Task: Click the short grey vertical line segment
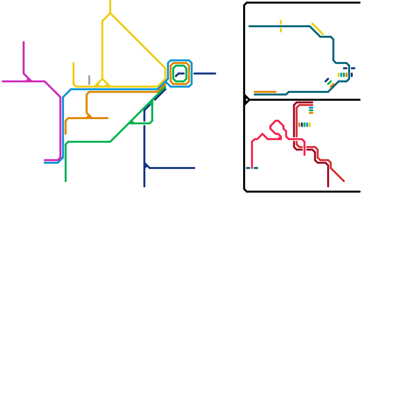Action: pos(89,80)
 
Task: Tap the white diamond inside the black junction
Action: pos(247,100)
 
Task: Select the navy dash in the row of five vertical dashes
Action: pos(302,125)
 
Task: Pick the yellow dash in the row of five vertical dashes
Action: pos(310,125)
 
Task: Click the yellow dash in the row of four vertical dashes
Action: pos(339,75)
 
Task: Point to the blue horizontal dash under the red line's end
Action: pos(311,108)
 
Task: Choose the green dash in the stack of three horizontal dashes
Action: pos(311,110)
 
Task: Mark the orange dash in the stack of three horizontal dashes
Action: pos(311,113)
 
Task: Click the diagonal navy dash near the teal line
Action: pos(327,80)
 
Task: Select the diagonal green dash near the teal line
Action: pos(329,83)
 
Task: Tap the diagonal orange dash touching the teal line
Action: pos(332,85)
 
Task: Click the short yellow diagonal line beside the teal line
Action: pos(318,29)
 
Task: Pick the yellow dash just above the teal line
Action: pos(281,22)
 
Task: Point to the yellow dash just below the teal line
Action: pos(281,30)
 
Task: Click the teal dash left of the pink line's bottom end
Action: pos(248,168)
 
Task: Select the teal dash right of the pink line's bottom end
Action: pos(256,168)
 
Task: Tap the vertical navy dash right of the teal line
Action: pos(352,75)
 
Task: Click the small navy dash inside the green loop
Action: pos(180,74)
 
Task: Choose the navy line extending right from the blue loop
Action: pos(205,73)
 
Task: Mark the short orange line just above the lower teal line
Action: pos(265,92)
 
